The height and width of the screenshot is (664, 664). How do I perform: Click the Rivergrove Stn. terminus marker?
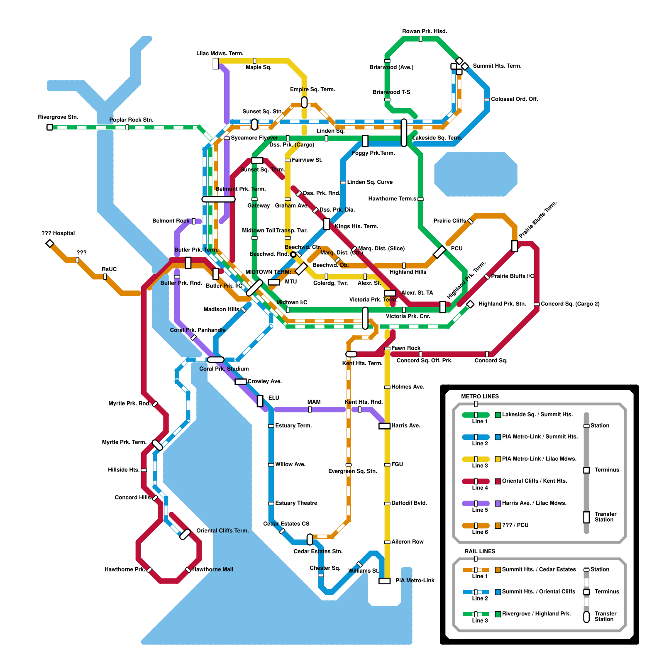50,127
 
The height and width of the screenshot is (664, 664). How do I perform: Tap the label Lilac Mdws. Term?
220,54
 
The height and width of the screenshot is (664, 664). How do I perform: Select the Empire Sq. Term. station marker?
304,102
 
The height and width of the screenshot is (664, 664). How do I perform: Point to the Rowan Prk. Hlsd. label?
424,31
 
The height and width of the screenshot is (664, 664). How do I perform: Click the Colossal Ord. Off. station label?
514,99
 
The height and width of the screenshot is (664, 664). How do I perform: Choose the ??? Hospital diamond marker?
50,243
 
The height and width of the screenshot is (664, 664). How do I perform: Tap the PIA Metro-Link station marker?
385,581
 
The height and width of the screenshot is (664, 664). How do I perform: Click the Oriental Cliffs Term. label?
222,531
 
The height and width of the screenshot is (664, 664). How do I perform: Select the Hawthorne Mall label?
212,569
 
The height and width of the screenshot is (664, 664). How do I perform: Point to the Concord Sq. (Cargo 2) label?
570,304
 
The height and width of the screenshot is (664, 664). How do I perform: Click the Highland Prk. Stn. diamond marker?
470,304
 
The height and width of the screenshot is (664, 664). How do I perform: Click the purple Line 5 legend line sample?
476,503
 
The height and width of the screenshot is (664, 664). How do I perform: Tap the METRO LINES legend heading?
480,396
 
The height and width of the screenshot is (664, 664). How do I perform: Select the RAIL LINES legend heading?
480,551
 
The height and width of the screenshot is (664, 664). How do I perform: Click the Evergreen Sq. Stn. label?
352,471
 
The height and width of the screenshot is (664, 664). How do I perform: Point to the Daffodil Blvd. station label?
409,503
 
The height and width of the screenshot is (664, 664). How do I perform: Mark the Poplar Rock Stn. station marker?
127,127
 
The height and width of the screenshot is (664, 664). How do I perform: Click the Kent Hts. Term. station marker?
351,354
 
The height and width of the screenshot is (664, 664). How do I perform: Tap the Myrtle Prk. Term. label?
124,442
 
